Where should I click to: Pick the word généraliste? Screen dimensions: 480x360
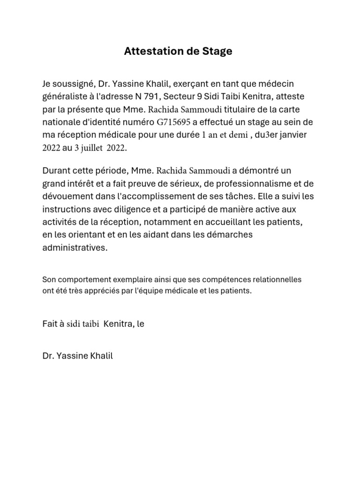pyautogui.click(x=65, y=97)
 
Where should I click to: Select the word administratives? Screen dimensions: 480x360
pyautogui.click(x=75, y=248)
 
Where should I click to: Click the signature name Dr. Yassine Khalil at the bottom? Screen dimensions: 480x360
pyautogui.click(x=77, y=356)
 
